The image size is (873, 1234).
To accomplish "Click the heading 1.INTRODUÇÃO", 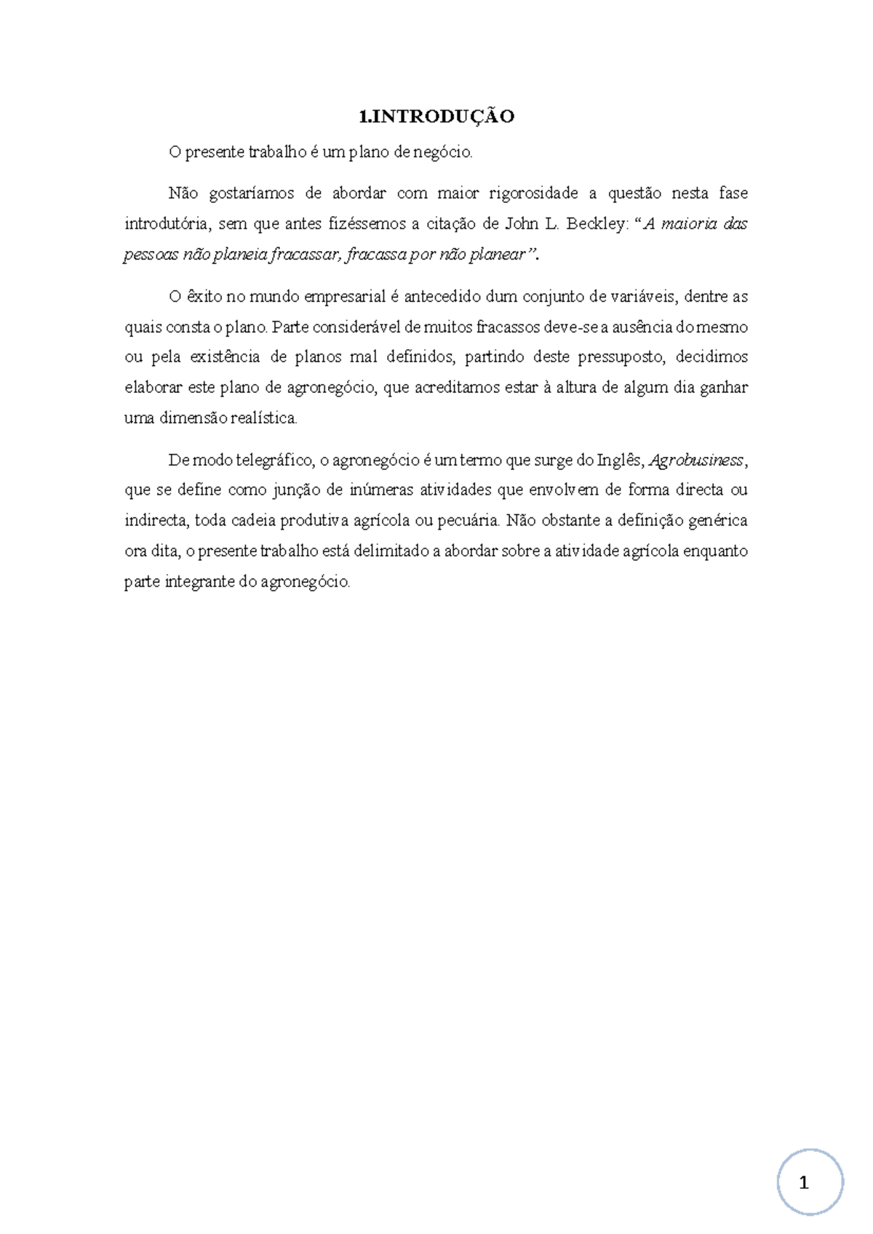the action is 436,116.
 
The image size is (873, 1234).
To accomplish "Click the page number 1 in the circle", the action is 804,1183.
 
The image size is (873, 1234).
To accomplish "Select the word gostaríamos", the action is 251,194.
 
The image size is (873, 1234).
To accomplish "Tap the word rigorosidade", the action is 533,194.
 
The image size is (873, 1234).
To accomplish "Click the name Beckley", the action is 594,224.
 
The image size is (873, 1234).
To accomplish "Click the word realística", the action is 264,418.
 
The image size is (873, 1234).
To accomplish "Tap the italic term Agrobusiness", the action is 696,461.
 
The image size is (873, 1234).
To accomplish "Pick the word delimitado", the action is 391,552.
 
